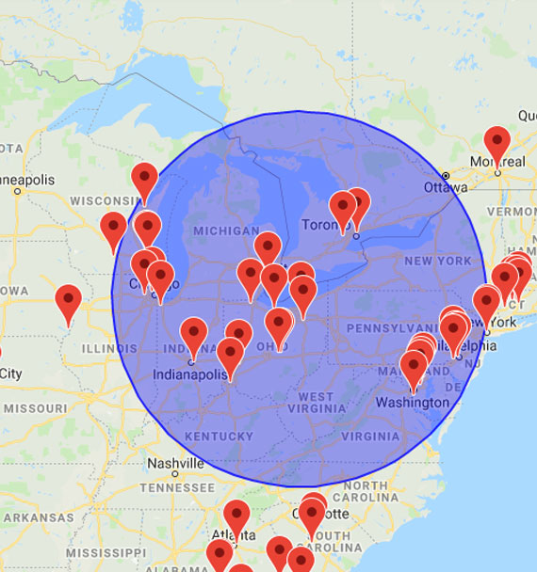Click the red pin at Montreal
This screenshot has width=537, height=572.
pyautogui.click(x=497, y=143)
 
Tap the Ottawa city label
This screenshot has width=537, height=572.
pyautogui.click(x=446, y=186)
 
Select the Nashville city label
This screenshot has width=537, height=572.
pyautogui.click(x=175, y=464)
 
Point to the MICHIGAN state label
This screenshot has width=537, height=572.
pyautogui.click(x=225, y=231)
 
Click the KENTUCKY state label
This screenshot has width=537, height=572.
pyautogui.click(x=219, y=437)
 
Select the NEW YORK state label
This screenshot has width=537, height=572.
pyautogui.click(x=437, y=261)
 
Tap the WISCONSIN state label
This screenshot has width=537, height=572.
pyautogui.click(x=105, y=201)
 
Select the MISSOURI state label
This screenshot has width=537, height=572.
pyautogui.click(x=36, y=408)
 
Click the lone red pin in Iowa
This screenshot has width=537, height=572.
pyautogui.click(x=68, y=302)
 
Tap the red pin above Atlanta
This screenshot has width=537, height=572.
pyautogui.click(x=236, y=516)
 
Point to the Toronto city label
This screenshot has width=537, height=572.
pyautogui.click(x=324, y=226)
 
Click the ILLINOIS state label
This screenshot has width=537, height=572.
pyautogui.click(x=109, y=348)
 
